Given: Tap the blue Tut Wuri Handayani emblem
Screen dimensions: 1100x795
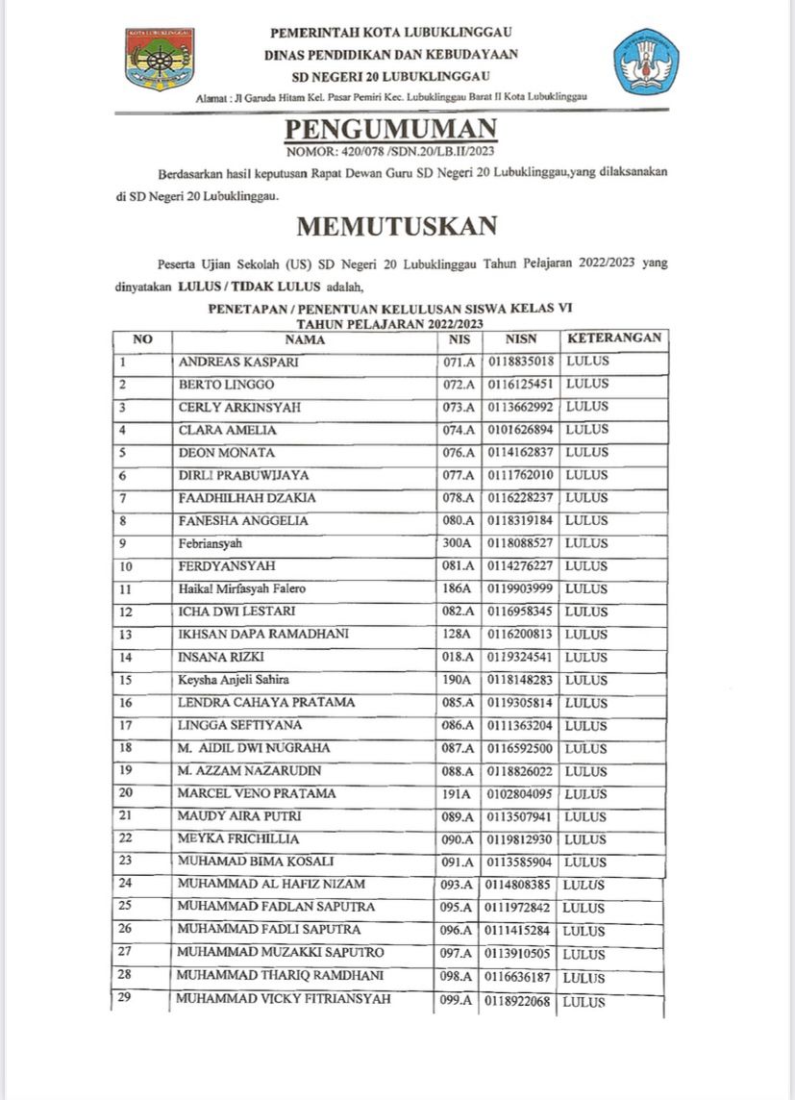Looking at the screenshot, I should [646, 61].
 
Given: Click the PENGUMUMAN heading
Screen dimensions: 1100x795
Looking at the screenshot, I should [391, 130].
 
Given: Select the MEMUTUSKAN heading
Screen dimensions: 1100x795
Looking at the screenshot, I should [396, 226].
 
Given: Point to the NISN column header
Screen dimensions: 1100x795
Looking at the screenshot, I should [519, 339].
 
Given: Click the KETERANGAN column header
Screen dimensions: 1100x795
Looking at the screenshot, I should [614, 338].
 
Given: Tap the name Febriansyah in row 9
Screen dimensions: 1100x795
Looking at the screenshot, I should [211, 544].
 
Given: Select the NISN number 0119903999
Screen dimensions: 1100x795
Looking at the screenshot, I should [519, 589].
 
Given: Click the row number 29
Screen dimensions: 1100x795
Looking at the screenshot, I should [125, 997].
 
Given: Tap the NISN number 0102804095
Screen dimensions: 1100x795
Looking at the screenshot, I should [519, 794].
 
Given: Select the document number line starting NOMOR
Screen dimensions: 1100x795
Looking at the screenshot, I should [390, 152].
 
